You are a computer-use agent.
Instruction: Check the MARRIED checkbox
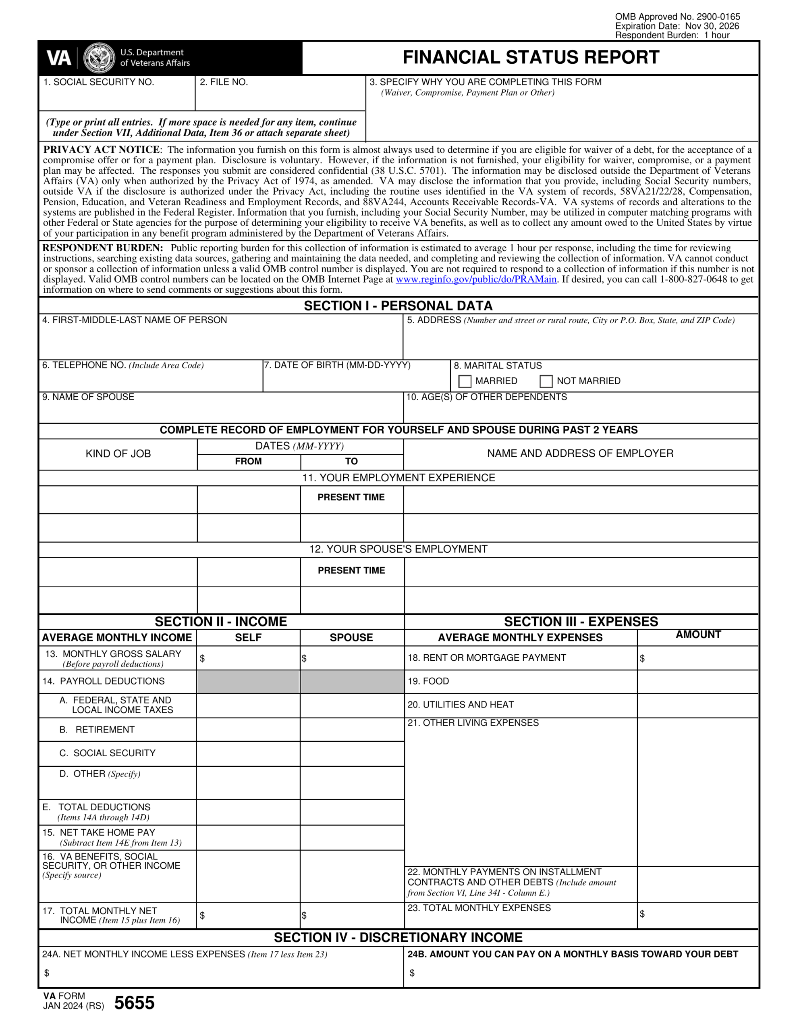(465, 381)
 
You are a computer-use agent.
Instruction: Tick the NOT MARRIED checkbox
(546, 381)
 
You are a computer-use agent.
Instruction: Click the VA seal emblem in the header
(99, 58)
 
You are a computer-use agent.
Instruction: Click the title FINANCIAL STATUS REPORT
(531, 57)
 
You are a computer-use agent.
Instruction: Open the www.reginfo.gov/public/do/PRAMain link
(476, 279)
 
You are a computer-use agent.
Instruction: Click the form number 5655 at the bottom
(134, 1003)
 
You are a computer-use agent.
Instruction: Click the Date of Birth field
(356, 381)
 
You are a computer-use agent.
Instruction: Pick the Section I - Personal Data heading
(398, 306)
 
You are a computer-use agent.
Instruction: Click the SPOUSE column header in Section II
(351, 637)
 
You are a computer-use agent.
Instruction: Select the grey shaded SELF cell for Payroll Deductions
(248, 682)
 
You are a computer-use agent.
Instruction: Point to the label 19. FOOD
(428, 681)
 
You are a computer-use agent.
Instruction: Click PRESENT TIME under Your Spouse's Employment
(351, 570)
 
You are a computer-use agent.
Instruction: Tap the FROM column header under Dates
(248, 461)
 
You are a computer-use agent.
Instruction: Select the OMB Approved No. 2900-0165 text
(677, 17)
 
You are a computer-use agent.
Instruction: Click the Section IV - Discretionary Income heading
(398, 938)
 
